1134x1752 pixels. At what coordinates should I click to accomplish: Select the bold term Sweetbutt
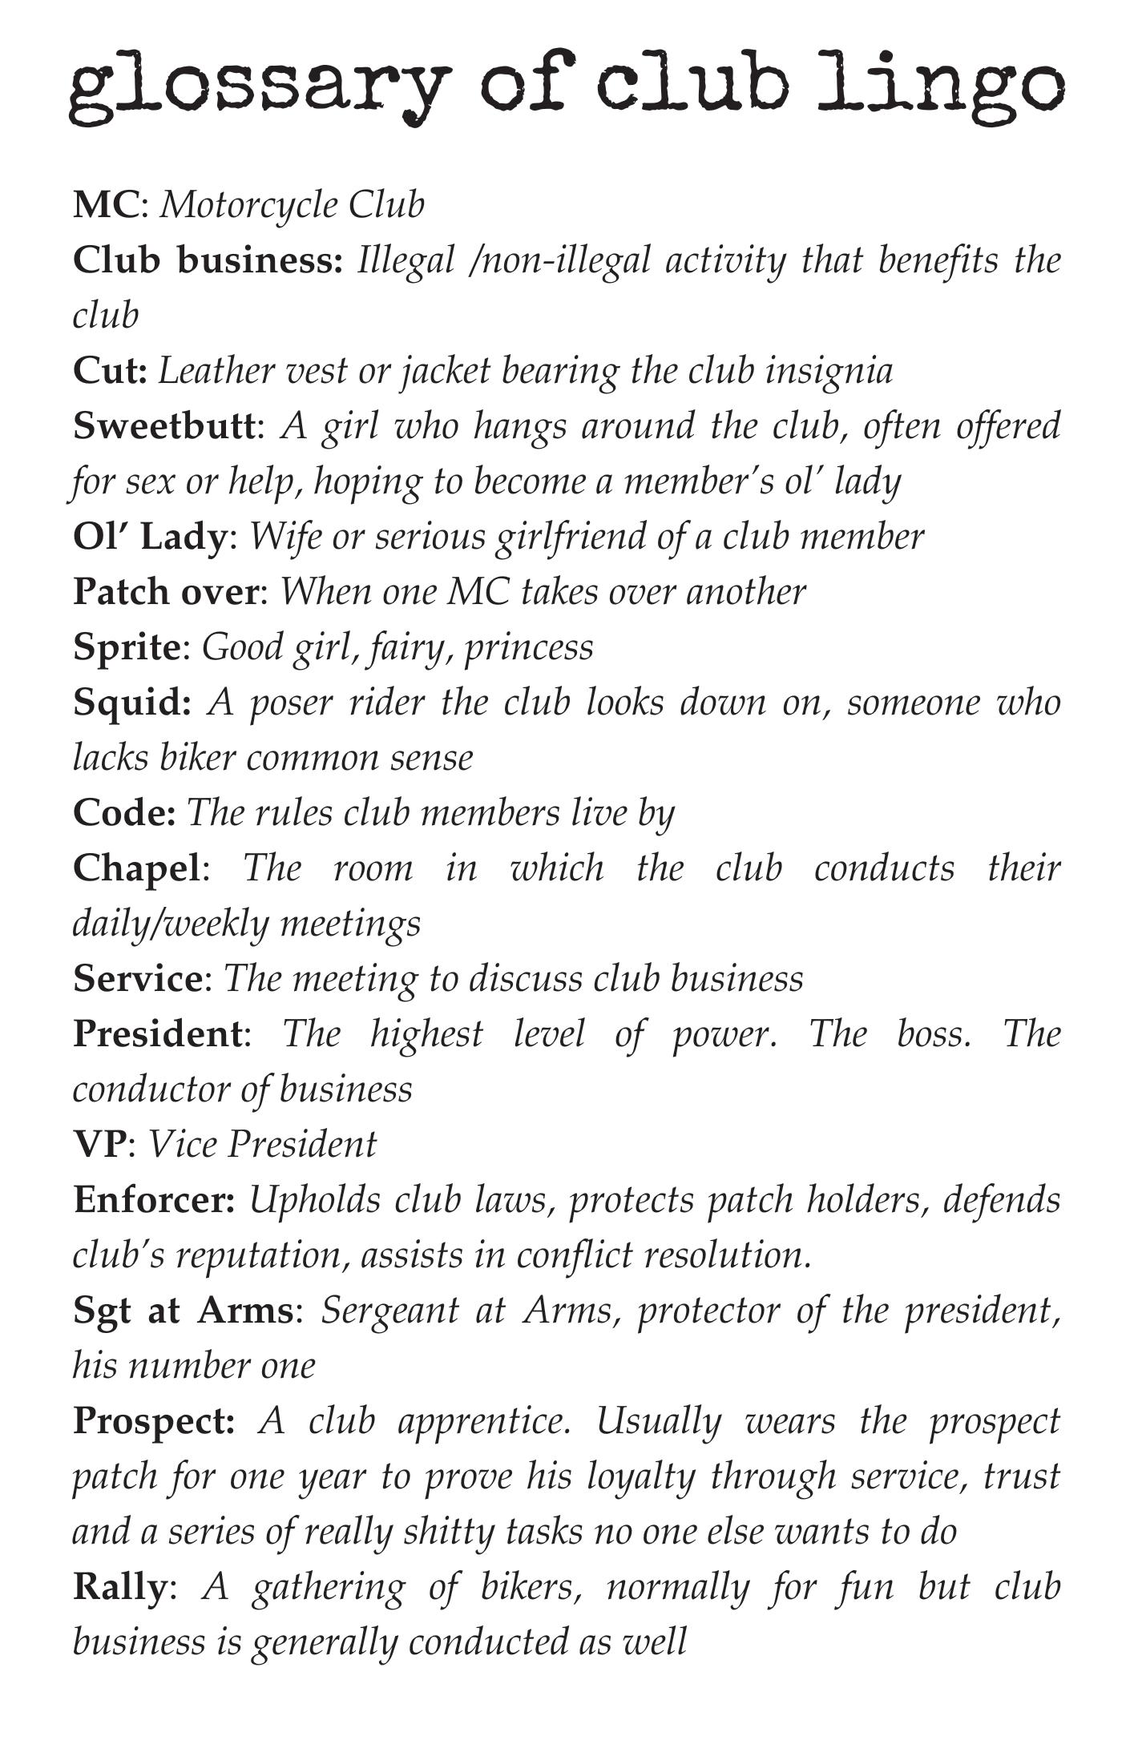(x=163, y=425)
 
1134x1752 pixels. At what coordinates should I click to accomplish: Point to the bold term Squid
(x=131, y=703)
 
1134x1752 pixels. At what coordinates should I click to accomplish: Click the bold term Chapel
(x=135, y=868)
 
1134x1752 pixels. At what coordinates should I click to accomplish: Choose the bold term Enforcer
(x=152, y=1200)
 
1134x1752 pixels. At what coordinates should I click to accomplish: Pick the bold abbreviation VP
(x=99, y=1144)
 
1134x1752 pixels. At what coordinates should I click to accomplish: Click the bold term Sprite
(x=127, y=647)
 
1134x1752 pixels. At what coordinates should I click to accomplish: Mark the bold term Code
(x=123, y=813)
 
